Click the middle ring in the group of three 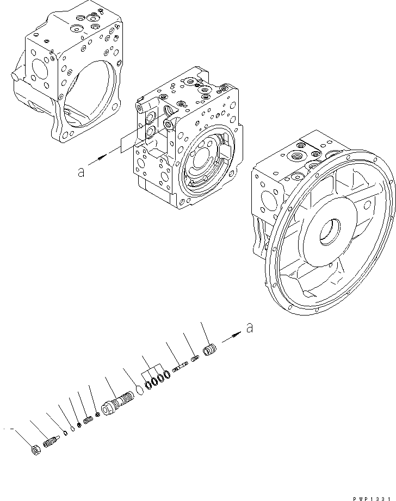point(154,381)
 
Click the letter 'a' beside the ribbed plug point(249,328)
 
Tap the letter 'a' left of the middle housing point(81,172)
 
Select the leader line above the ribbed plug point(205,332)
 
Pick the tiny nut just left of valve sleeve point(97,415)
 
